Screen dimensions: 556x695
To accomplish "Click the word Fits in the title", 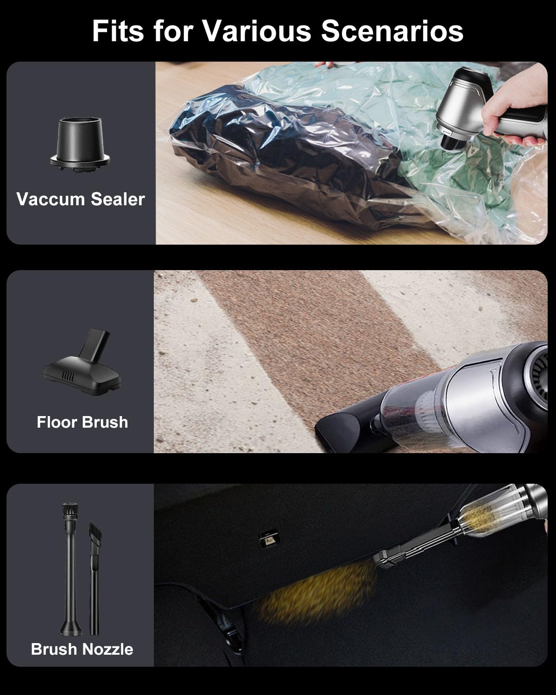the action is (118, 31).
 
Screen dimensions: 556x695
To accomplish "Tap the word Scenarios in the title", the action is (392, 31).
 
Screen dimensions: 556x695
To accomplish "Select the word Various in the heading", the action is (257, 31).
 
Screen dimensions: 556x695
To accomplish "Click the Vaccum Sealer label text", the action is (81, 199).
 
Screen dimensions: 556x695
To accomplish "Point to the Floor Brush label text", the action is (82, 422).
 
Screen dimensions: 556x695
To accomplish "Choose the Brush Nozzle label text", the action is (82, 649).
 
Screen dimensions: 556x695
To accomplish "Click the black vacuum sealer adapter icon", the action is (80, 144).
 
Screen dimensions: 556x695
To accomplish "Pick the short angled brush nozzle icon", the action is (95, 578).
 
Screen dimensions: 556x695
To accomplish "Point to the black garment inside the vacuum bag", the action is (284, 152).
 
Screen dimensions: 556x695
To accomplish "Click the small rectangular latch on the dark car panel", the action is (269, 538).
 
